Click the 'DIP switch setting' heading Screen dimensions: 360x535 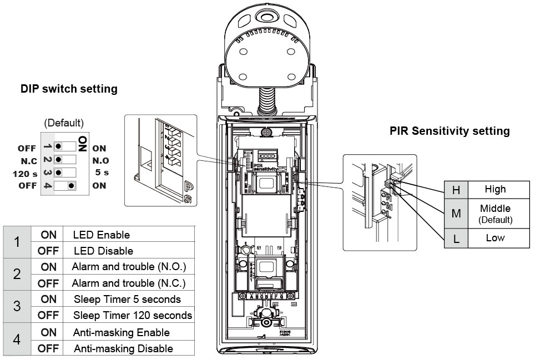click(x=69, y=89)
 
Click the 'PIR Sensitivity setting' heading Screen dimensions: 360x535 click(x=450, y=131)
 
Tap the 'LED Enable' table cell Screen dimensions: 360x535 click(x=101, y=235)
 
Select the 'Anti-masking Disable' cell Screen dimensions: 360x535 click(x=123, y=348)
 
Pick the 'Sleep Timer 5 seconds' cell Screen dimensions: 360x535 click(x=127, y=299)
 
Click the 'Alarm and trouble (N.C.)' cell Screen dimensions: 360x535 click(x=129, y=283)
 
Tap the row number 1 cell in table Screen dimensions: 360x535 click(x=17, y=242)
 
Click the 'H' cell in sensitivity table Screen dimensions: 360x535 click(x=456, y=190)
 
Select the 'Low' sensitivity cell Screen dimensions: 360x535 click(x=495, y=238)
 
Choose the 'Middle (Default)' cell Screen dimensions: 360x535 click(x=495, y=213)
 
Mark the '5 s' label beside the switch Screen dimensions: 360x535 click(x=100, y=173)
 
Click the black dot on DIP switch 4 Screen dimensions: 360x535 click(x=70, y=185)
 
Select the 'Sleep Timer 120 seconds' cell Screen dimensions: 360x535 click(x=133, y=315)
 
